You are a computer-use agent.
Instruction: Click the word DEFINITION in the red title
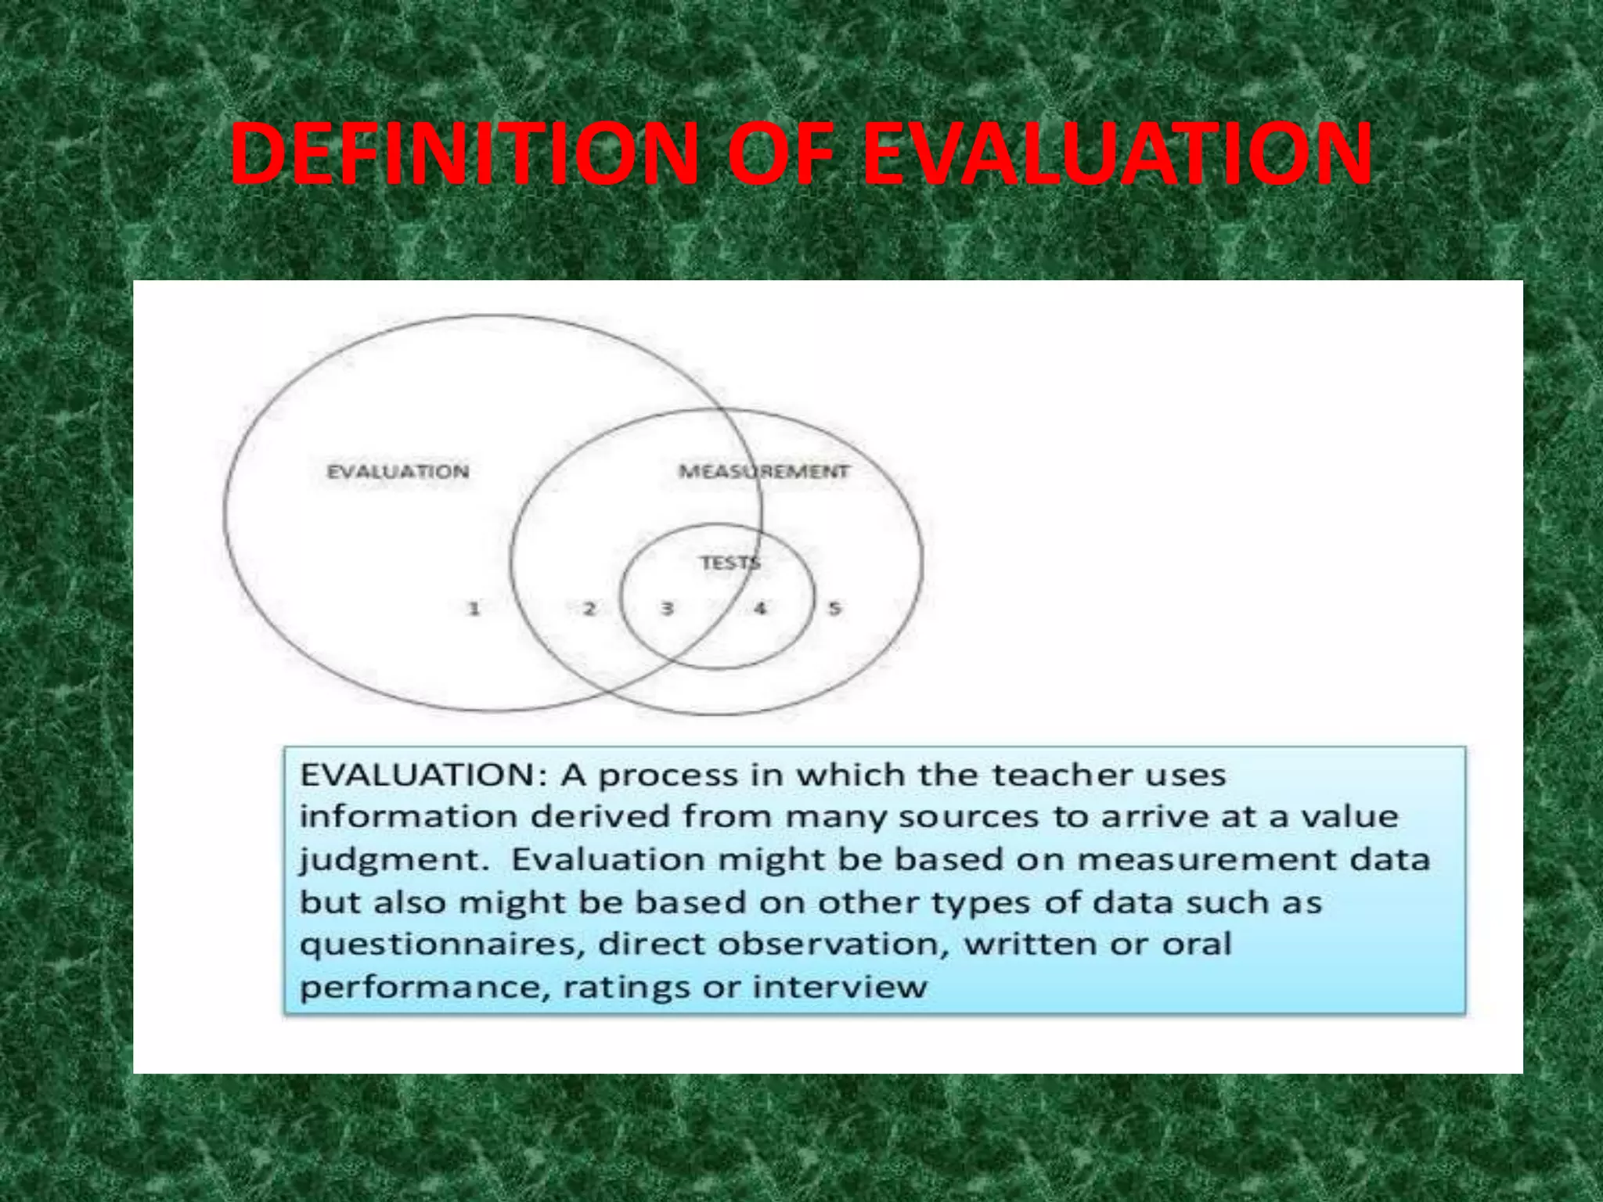(463, 154)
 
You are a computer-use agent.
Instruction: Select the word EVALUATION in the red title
(1116, 154)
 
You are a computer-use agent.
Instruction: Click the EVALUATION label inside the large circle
(398, 472)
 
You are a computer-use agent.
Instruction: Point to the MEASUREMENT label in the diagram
(763, 472)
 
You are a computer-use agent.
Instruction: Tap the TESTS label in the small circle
(729, 563)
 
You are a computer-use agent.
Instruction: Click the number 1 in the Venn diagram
(474, 608)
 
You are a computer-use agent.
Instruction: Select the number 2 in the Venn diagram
(589, 608)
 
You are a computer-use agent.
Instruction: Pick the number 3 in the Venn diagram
(667, 608)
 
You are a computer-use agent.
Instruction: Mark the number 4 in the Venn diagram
(759, 608)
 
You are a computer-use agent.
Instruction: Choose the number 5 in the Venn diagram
(834, 608)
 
